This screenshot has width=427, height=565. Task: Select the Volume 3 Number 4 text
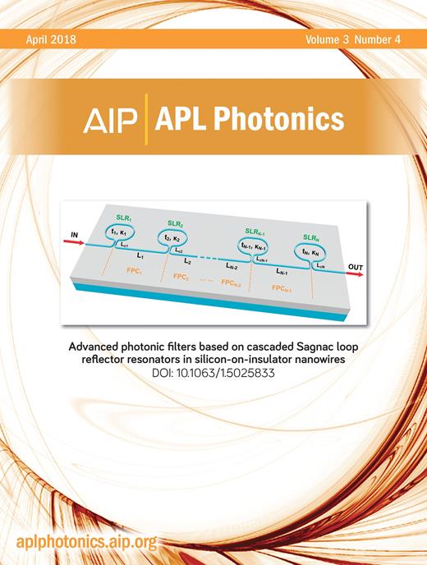coord(359,38)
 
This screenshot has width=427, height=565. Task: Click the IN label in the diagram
coord(76,235)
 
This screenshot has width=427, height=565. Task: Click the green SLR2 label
coord(175,223)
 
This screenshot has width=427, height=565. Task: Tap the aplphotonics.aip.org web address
coord(86,544)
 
